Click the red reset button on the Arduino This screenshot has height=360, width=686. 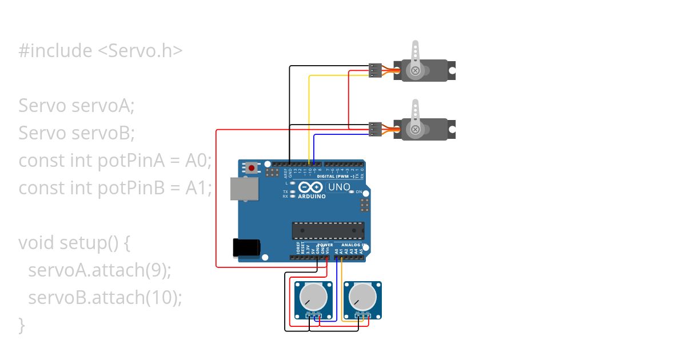point(251,168)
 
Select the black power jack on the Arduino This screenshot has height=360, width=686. point(246,247)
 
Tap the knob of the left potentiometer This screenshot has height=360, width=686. point(313,297)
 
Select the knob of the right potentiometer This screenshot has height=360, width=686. point(362,297)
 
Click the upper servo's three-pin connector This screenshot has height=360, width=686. point(375,70)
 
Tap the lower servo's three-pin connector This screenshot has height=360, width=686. point(375,130)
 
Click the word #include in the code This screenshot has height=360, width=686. point(55,51)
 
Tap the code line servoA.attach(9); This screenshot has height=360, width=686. point(99,270)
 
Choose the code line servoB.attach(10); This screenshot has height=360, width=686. point(105,298)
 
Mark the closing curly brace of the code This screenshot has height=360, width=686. point(22,325)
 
